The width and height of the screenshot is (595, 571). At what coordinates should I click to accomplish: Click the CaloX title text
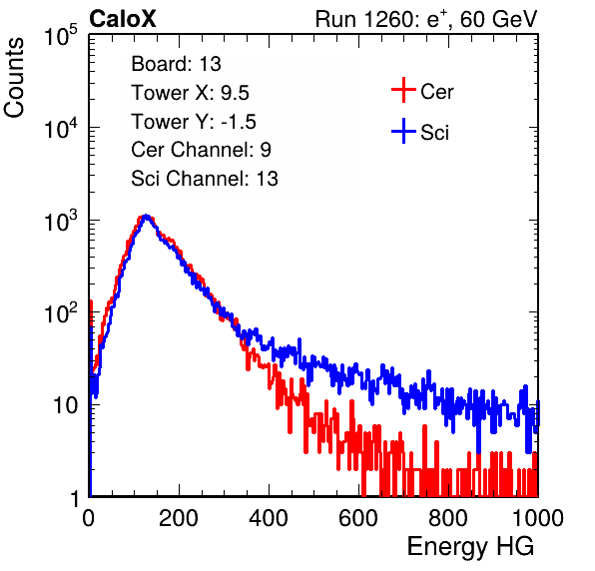pyautogui.click(x=123, y=19)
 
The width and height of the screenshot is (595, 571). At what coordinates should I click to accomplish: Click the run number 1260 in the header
pyautogui.click(x=388, y=19)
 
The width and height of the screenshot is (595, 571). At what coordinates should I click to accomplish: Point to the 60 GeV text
pyautogui.click(x=498, y=19)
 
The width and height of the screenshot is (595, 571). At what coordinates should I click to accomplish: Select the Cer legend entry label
pyautogui.click(x=436, y=92)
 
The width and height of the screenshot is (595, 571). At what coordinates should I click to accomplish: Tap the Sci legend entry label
pyautogui.click(x=434, y=133)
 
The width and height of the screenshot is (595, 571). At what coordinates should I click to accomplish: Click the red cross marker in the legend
pyautogui.click(x=403, y=90)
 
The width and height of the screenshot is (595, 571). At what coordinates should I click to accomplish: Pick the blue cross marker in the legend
pyautogui.click(x=403, y=132)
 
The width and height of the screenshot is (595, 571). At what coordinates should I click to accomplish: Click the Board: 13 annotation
pyautogui.click(x=176, y=64)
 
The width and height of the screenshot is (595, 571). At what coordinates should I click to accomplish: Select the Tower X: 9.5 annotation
pyautogui.click(x=190, y=93)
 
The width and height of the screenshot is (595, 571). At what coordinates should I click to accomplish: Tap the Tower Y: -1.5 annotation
pyautogui.click(x=194, y=122)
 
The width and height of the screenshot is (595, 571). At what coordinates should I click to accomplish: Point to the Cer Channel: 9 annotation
pyautogui.click(x=201, y=150)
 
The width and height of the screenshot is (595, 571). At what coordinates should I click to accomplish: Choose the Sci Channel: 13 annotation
pyautogui.click(x=205, y=179)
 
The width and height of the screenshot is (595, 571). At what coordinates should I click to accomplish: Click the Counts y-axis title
pyautogui.click(x=14, y=77)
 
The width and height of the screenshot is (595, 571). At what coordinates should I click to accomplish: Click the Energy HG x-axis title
pyautogui.click(x=470, y=547)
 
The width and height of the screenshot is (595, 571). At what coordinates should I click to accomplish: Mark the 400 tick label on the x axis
pyautogui.click(x=269, y=518)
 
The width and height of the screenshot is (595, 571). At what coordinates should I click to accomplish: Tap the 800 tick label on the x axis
pyautogui.click(x=448, y=518)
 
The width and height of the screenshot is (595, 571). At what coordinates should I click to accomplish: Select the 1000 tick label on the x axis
pyautogui.click(x=538, y=518)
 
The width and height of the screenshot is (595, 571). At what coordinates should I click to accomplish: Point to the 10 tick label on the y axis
pyautogui.click(x=66, y=405)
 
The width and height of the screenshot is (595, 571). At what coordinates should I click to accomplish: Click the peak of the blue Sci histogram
pyautogui.click(x=146, y=216)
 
